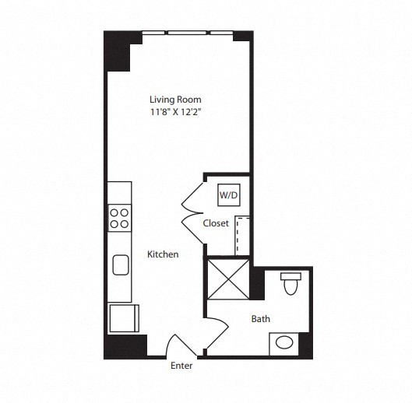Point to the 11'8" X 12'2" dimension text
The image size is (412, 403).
tap(178, 112)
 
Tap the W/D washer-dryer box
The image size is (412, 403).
tap(228, 194)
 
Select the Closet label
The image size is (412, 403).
tap(216, 223)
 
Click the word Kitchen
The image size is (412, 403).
tap(163, 254)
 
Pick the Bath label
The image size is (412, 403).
tap(260, 318)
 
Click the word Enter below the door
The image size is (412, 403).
tap(181, 366)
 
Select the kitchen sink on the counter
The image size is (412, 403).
tap(121, 265)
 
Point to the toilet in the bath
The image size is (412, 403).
tap(291, 285)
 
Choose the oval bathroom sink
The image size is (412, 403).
tap(284, 342)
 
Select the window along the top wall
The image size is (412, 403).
tap(187, 33)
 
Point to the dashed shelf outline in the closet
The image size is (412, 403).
tap(241, 236)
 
